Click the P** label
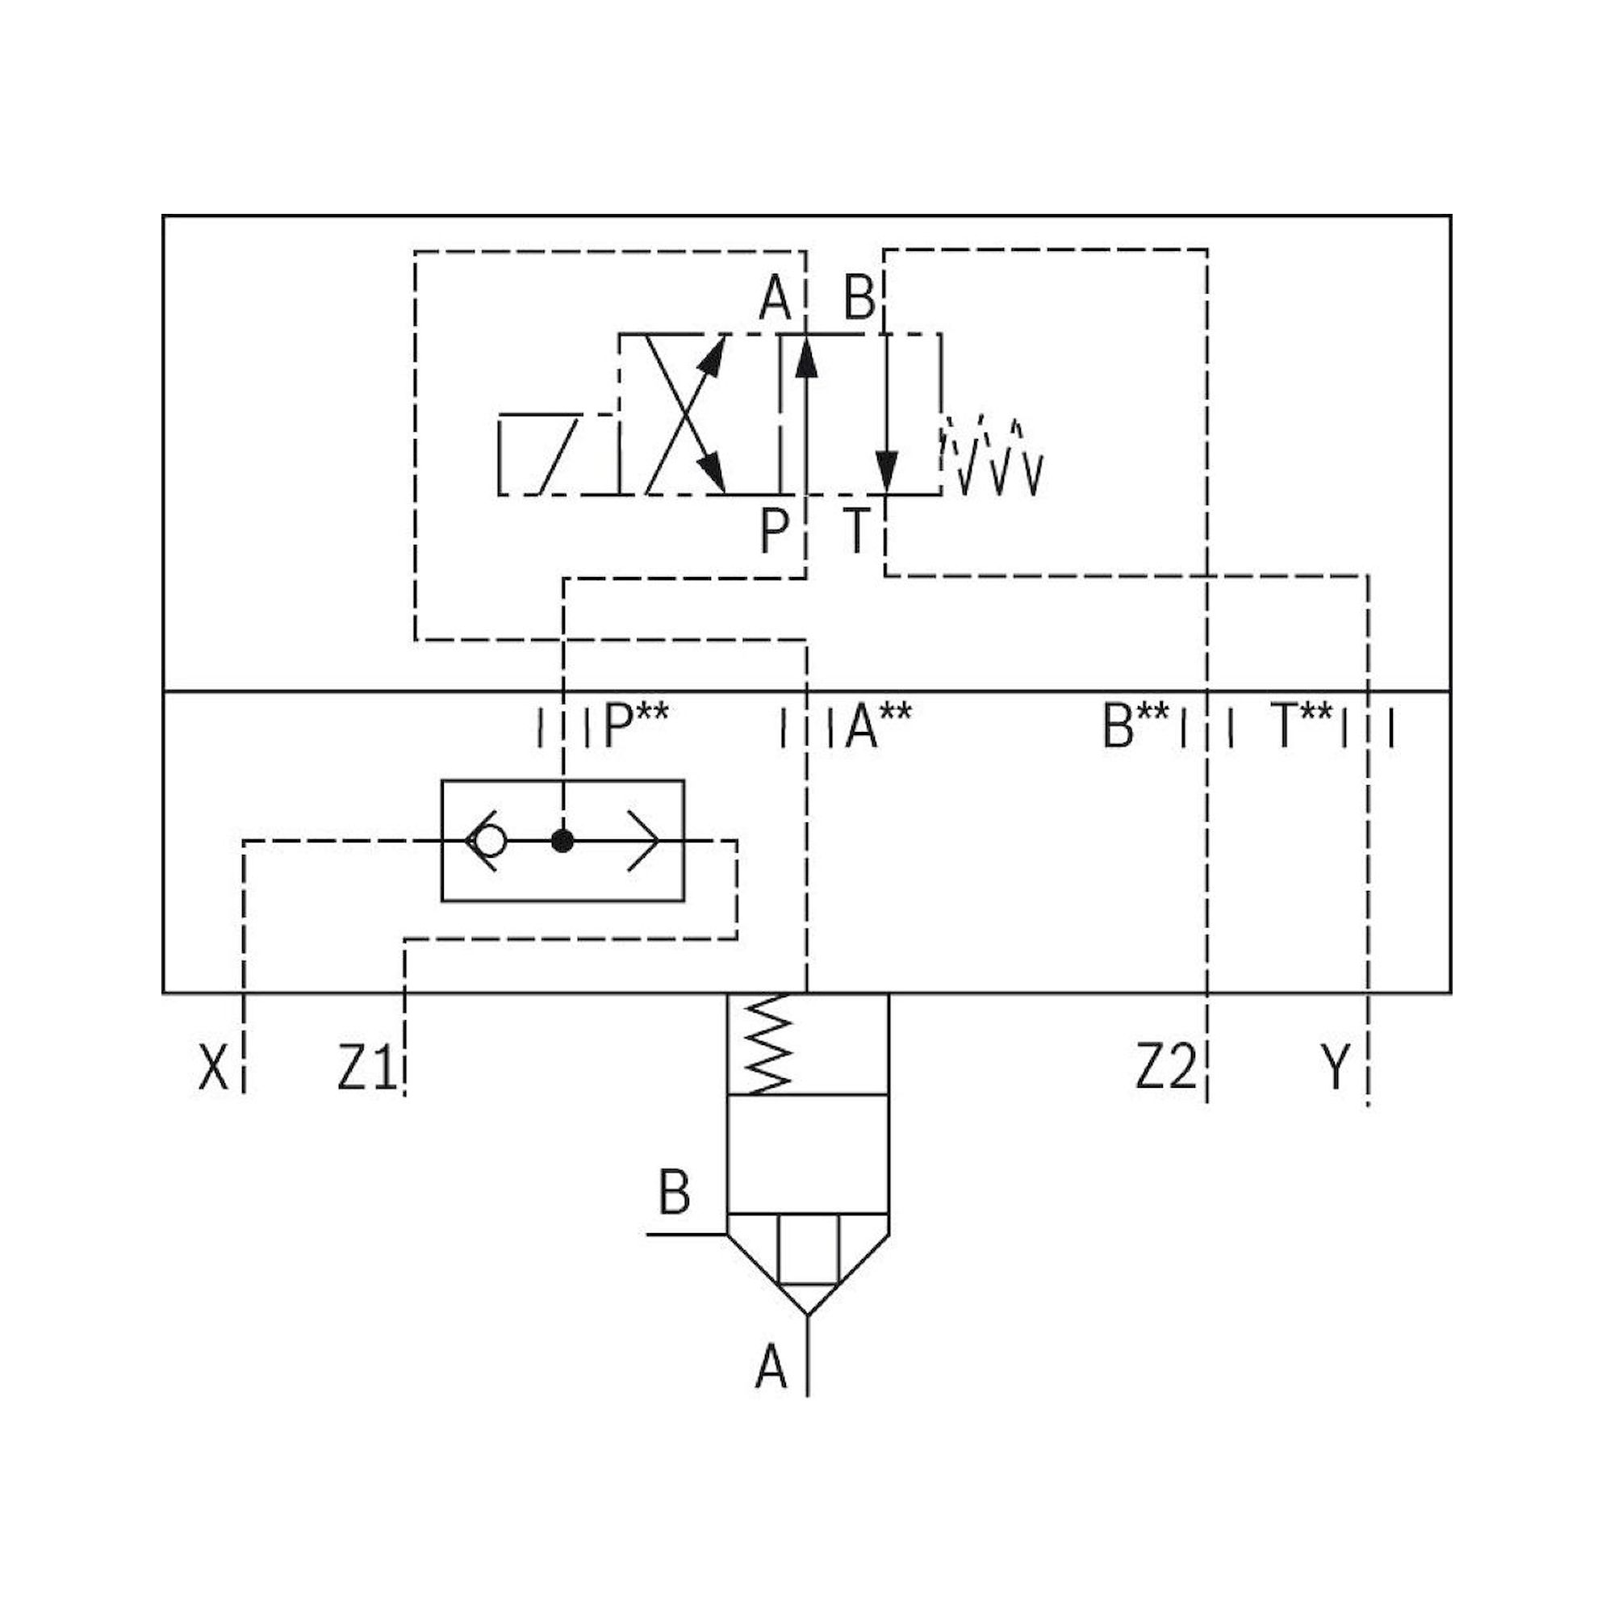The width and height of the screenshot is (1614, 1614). click(635, 726)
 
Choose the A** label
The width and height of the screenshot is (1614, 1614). click(877, 726)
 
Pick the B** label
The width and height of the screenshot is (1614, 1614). click(1135, 726)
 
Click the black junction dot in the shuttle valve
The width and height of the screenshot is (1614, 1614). click(563, 841)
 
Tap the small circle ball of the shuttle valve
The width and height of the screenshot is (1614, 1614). click(491, 841)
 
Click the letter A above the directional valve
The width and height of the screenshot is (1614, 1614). click(775, 299)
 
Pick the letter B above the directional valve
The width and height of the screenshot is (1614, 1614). click(859, 299)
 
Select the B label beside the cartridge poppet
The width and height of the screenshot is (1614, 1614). click(674, 1192)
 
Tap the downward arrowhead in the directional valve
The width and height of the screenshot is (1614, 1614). click(887, 472)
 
